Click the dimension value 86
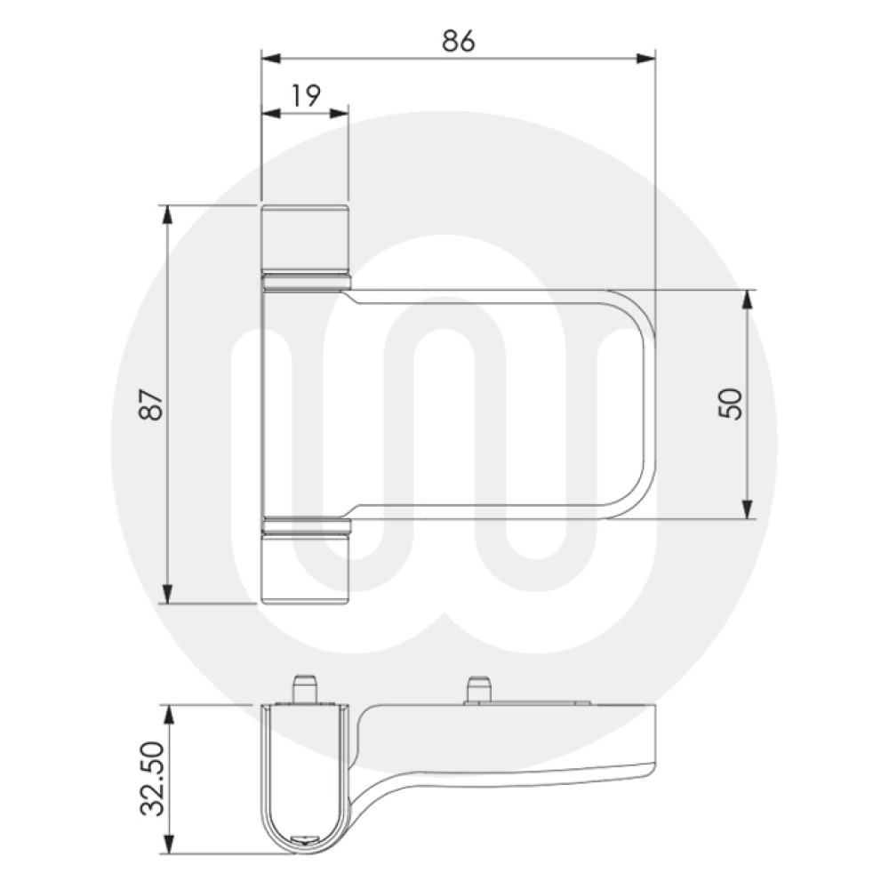click(x=458, y=41)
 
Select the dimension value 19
click(x=305, y=96)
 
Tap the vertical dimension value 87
click(x=153, y=404)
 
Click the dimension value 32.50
click(x=153, y=779)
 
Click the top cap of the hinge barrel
click(x=305, y=236)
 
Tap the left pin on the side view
click(x=304, y=690)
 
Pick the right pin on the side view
click(x=479, y=690)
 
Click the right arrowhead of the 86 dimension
click(x=646, y=59)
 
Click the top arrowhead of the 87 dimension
click(x=166, y=213)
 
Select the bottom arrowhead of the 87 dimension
click(x=166, y=595)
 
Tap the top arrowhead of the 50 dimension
click(x=748, y=299)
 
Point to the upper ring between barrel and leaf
click(x=306, y=283)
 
